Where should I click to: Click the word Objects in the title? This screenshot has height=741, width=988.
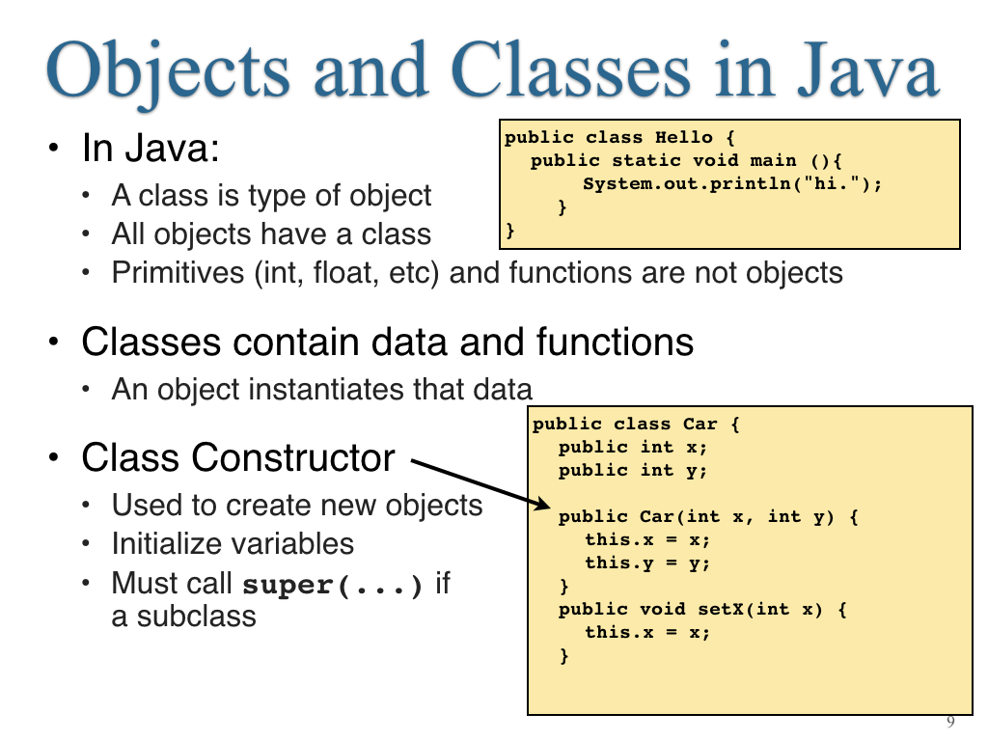pyautogui.click(x=168, y=70)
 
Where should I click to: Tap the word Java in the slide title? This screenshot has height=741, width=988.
pyautogui.click(x=868, y=69)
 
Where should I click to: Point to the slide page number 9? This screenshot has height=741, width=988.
pyautogui.click(x=950, y=722)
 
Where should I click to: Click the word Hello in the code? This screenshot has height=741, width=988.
pyautogui.click(x=684, y=137)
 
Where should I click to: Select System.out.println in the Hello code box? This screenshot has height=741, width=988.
pyautogui.click(x=687, y=184)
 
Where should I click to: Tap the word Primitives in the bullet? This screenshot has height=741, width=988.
pyautogui.click(x=178, y=273)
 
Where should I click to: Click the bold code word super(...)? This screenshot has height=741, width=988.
pyautogui.click(x=332, y=585)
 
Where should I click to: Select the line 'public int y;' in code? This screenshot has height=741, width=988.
pyautogui.click(x=633, y=471)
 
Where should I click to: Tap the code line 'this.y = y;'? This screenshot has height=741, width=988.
pyautogui.click(x=647, y=563)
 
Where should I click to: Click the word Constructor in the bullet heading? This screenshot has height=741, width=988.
pyautogui.click(x=293, y=457)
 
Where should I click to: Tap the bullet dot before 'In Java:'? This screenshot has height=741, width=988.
pyautogui.click(x=54, y=149)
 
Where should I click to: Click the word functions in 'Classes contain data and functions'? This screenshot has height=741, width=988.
pyautogui.click(x=615, y=343)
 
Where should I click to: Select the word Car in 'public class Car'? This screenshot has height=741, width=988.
pyautogui.click(x=700, y=425)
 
